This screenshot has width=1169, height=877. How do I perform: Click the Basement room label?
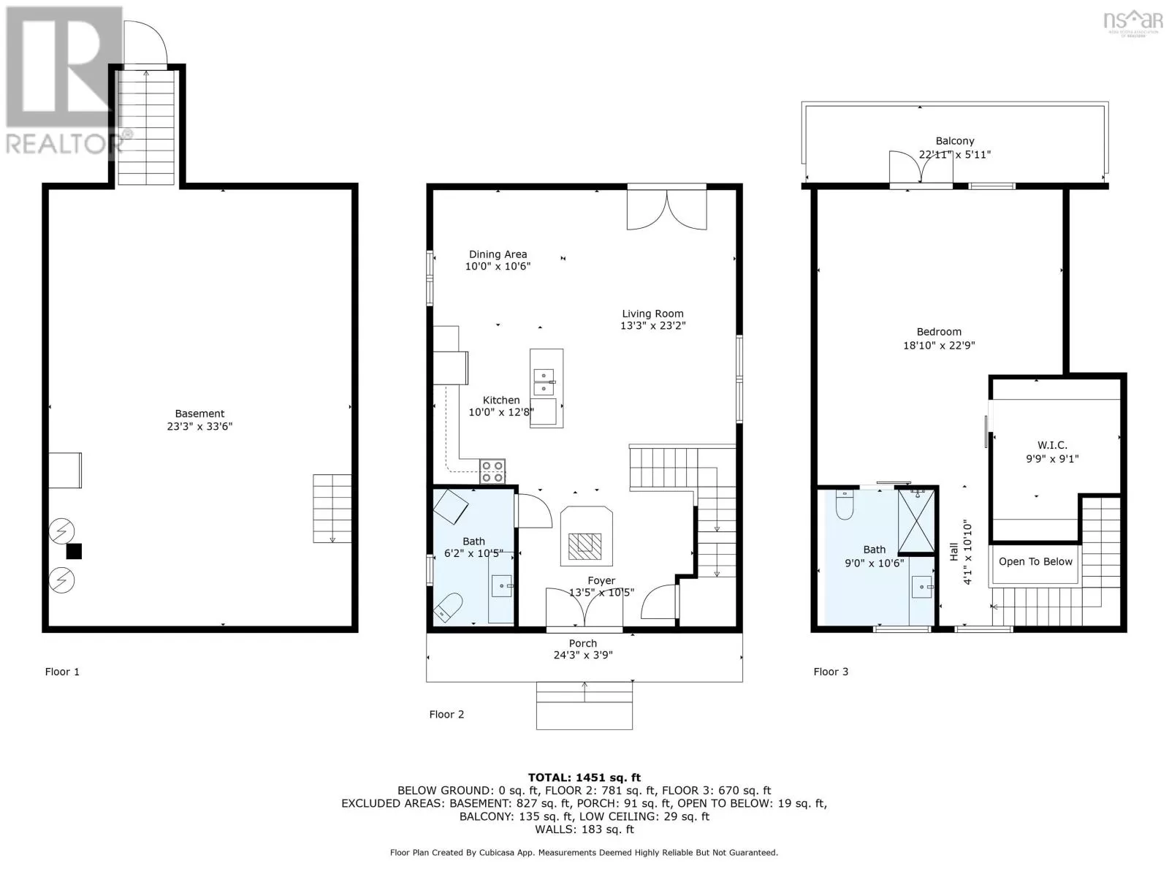point(199,414)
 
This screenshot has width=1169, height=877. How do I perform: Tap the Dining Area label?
point(498,254)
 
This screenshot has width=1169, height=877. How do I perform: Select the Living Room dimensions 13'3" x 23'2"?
point(653,326)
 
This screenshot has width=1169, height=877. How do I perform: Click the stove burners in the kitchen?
point(492,471)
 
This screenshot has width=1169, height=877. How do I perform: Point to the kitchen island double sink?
point(544,382)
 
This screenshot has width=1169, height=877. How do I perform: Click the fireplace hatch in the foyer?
point(584,547)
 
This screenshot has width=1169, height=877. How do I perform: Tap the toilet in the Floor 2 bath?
point(447,609)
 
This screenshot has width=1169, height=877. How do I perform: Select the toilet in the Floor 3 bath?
point(845,505)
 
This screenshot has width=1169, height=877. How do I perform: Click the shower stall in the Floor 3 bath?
point(916,522)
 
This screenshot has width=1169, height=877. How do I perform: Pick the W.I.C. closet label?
point(1052,445)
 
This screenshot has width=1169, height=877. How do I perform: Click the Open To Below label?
point(1035,562)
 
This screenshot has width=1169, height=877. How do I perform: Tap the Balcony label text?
point(955,141)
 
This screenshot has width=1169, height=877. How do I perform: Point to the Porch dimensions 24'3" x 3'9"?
point(583,656)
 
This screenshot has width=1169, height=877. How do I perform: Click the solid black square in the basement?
point(74,551)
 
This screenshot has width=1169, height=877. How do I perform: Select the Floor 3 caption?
point(831,672)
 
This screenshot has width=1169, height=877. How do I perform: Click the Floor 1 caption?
point(62,672)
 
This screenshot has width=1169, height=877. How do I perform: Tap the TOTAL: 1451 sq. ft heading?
point(584,778)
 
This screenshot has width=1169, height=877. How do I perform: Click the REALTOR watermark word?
point(63,143)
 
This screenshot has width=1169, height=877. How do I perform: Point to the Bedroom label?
point(939,332)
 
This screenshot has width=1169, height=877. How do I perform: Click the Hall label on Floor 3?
point(954,552)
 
